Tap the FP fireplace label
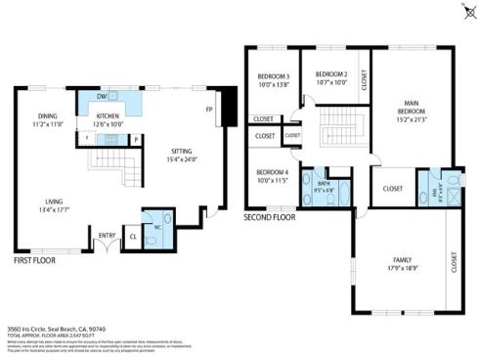click(x=208, y=109)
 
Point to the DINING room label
click(x=48, y=119)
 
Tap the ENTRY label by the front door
click(x=106, y=235)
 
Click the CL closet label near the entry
click(x=132, y=236)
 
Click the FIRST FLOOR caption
click(x=34, y=261)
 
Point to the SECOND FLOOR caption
click(x=270, y=216)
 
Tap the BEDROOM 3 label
click(x=274, y=80)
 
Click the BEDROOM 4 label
click(x=274, y=176)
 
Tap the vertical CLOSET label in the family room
click(x=454, y=261)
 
